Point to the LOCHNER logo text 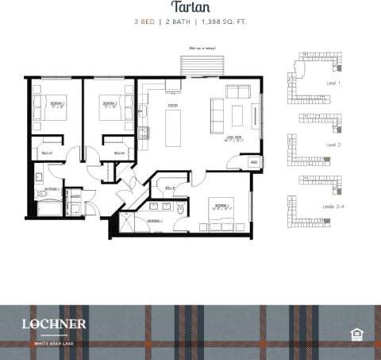(55, 324)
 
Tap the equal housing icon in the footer (356, 332)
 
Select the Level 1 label (333, 82)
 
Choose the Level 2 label (333, 145)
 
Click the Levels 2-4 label (333, 206)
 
